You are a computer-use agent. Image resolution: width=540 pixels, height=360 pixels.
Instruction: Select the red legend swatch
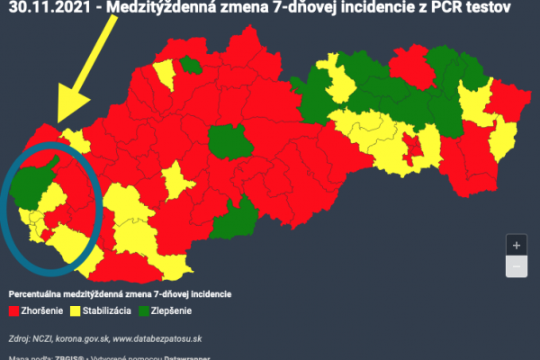[13, 311]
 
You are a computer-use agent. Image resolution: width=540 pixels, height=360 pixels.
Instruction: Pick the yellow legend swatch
[76, 311]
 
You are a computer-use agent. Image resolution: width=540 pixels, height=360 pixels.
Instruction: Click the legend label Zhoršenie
[43, 311]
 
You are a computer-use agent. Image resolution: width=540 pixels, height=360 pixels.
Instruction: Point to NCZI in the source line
[43, 339]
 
